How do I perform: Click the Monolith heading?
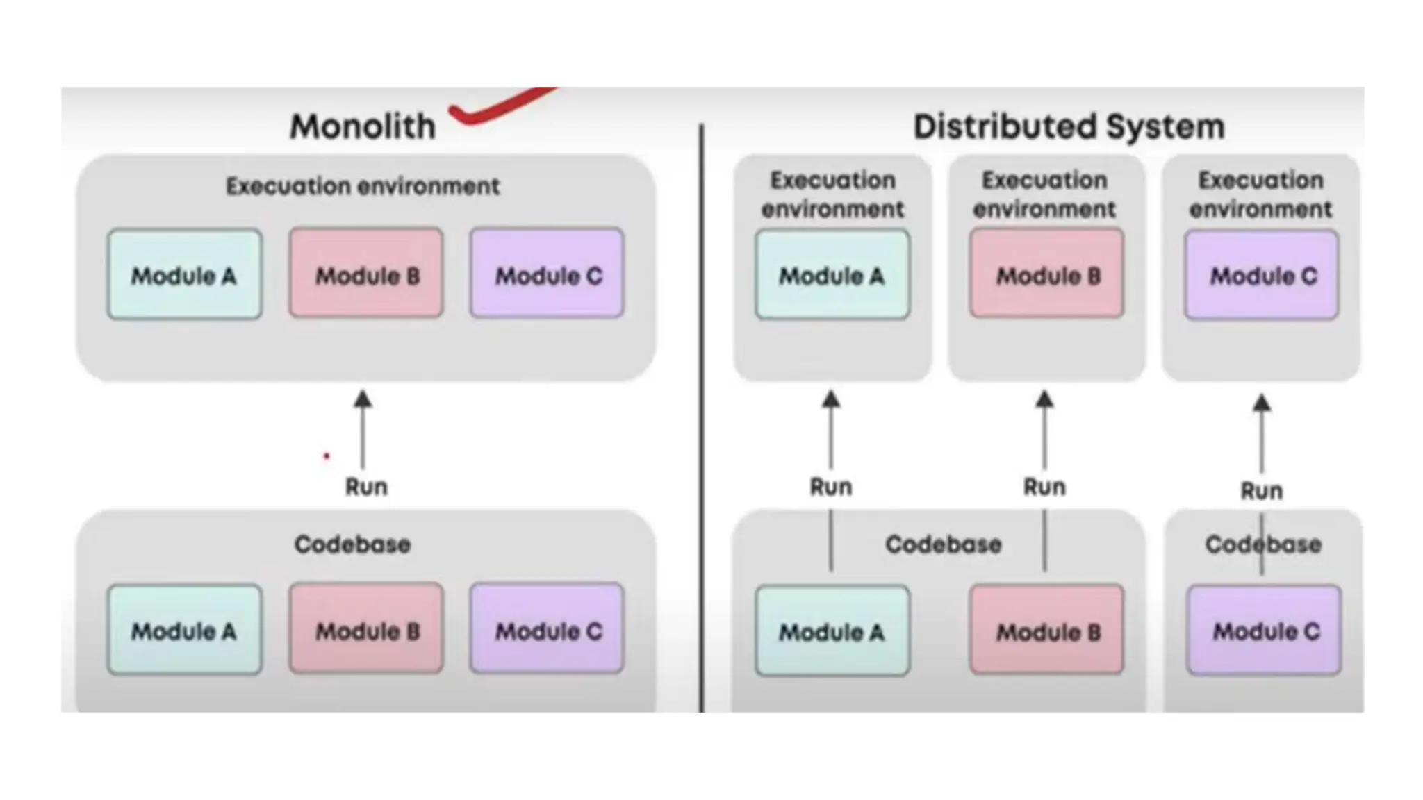click(362, 126)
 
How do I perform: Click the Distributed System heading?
click(1068, 126)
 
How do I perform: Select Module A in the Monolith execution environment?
click(184, 275)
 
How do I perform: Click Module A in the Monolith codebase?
click(184, 630)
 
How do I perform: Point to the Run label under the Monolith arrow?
click(366, 487)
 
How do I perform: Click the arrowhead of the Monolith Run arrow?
click(363, 399)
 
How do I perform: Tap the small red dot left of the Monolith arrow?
click(326, 456)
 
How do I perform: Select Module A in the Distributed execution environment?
click(832, 275)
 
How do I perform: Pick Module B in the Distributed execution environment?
click(1046, 274)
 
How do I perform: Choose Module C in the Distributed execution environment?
click(1261, 275)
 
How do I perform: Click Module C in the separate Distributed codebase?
click(1264, 630)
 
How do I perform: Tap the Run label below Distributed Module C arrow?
click(1261, 491)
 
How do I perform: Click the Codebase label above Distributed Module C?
click(1262, 544)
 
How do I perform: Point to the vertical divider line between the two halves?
click(701, 417)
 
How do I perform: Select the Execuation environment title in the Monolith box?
click(362, 186)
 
